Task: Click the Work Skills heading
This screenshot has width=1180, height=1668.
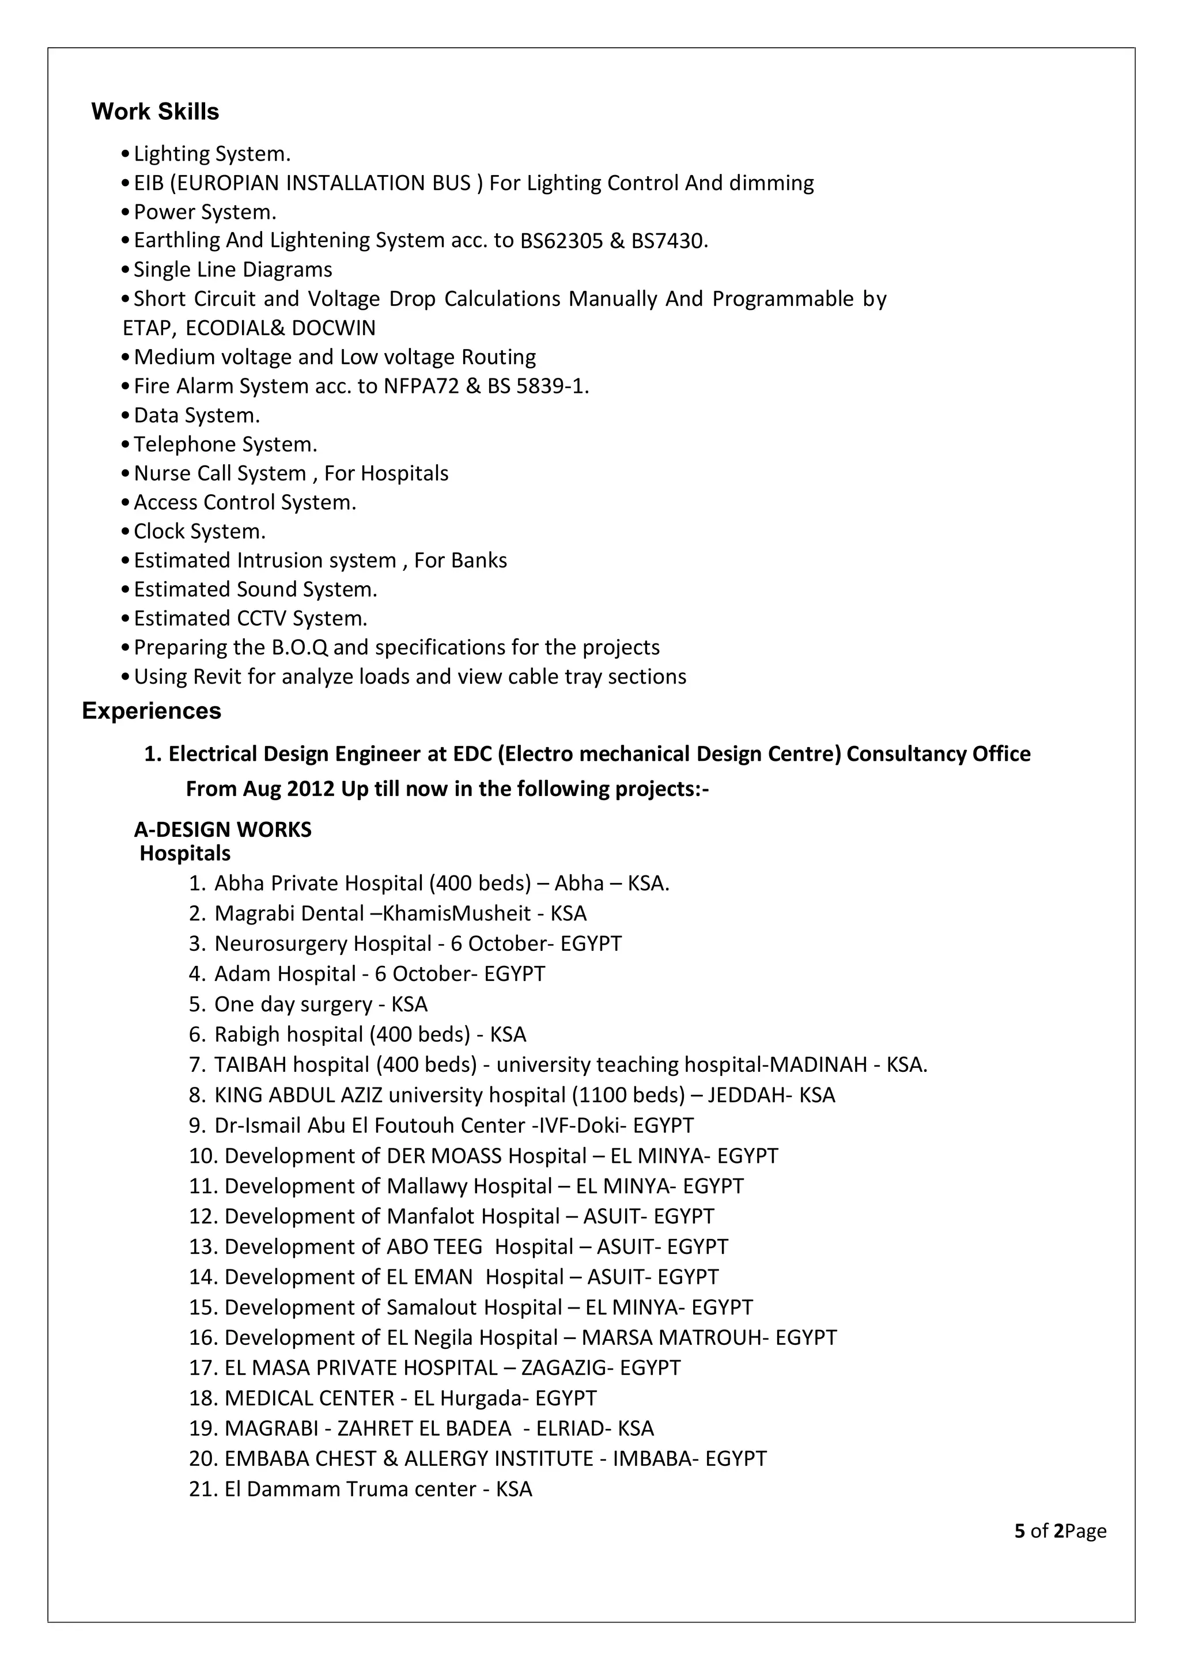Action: [155, 112]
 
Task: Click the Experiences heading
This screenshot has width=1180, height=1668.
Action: [151, 711]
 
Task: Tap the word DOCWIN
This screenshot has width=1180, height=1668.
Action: [334, 328]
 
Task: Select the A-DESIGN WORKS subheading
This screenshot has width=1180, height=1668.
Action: [222, 829]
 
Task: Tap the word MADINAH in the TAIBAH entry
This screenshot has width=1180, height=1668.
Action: [818, 1064]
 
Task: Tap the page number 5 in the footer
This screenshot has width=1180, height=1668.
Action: [1019, 1531]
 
